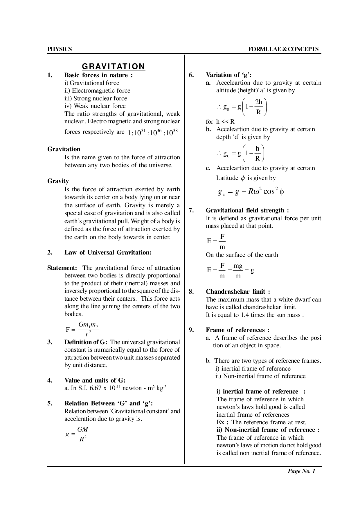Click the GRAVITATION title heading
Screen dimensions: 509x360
(x=113, y=66)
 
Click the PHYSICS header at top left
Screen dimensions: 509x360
(x=60, y=49)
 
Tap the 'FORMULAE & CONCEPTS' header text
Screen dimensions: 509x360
(x=283, y=49)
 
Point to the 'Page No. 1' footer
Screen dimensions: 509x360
(x=301, y=471)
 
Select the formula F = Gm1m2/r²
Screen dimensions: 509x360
(x=83, y=329)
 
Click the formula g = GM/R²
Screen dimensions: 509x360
(x=78, y=434)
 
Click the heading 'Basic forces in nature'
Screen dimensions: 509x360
(x=98, y=75)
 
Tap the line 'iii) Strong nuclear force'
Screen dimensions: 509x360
(x=96, y=98)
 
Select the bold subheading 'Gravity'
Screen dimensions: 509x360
(x=58, y=181)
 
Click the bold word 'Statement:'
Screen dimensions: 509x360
(x=62, y=268)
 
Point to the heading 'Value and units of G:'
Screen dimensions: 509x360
(x=95, y=380)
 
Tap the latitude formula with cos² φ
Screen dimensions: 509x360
(x=251, y=192)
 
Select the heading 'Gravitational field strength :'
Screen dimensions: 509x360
(x=247, y=210)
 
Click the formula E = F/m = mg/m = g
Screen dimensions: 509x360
(x=231, y=270)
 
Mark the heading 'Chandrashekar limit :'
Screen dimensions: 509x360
(x=238, y=292)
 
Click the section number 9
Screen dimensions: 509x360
(x=191, y=330)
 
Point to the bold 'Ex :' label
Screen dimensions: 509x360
(x=223, y=422)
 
